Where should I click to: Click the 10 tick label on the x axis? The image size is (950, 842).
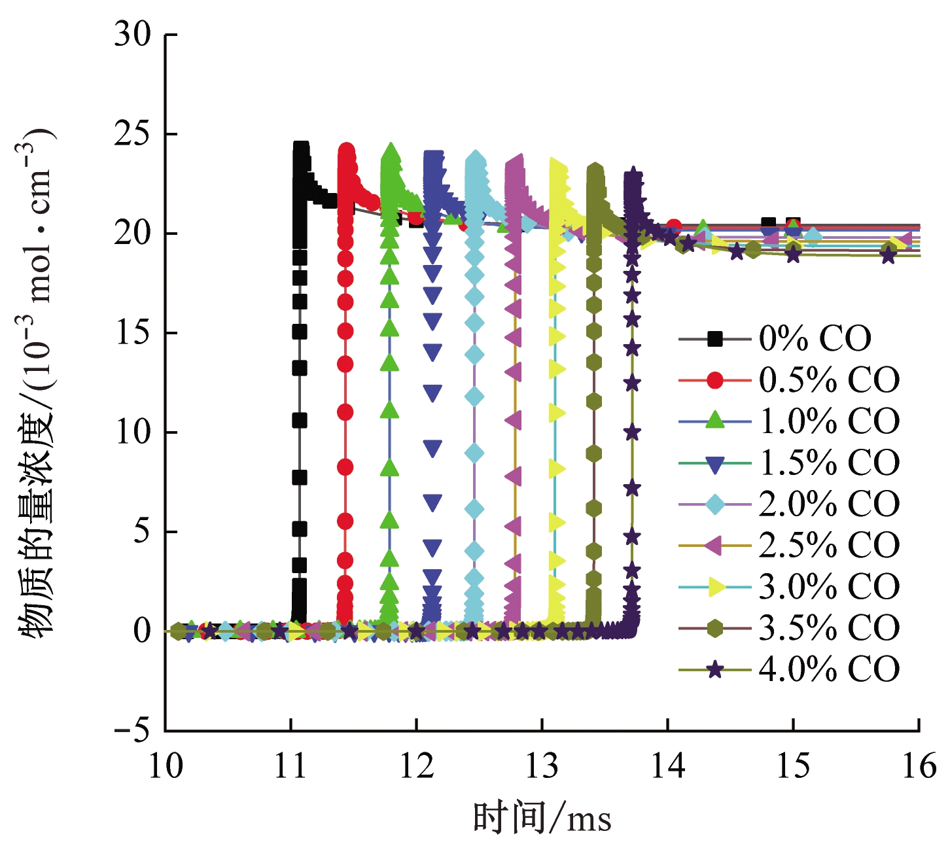tap(166, 765)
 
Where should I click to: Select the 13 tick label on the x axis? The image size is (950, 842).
tap(542, 765)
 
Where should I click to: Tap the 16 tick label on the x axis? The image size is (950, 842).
tap(919, 765)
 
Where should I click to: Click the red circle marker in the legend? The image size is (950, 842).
tap(715, 379)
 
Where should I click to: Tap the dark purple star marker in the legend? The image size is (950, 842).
tap(715, 669)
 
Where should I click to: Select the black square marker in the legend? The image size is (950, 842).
tap(715, 338)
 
